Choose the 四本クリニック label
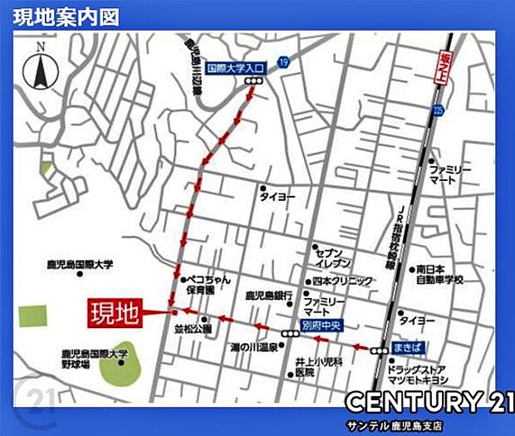[x=342, y=281]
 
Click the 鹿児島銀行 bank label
[x=267, y=296]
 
